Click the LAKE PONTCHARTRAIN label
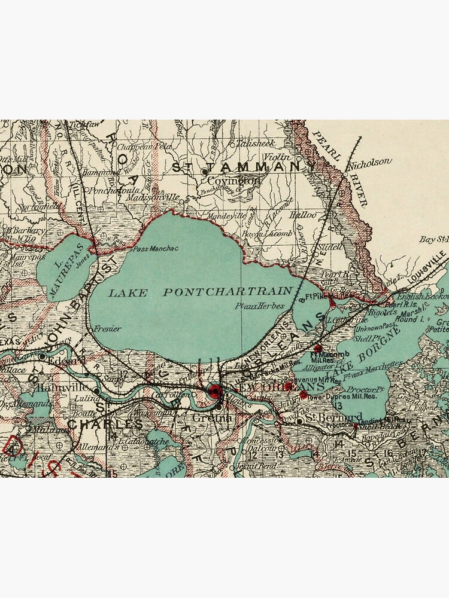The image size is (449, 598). [201, 292]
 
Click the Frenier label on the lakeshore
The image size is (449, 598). [108, 328]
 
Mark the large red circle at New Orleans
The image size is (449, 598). [214, 392]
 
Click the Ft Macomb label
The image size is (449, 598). [323, 354]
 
